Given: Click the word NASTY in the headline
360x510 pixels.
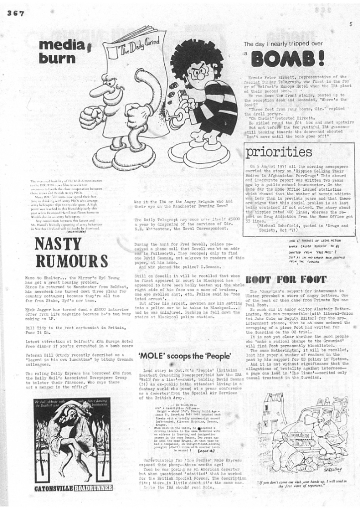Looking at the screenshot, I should [58, 245].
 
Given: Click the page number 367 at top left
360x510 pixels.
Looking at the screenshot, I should [15, 13].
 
